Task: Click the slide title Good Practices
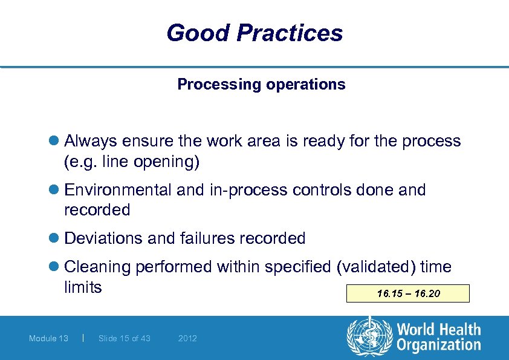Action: (x=254, y=33)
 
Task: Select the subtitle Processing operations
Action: (x=261, y=84)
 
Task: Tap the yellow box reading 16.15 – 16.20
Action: (x=408, y=294)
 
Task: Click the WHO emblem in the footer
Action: (x=369, y=338)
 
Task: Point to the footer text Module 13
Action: (x=48, y=338)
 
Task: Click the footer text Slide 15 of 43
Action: (x=124, y=338)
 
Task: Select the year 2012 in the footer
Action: (x=187, y=338)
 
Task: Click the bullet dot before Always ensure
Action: (x=56, y=142)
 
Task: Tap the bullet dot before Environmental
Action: (x=56, y=190)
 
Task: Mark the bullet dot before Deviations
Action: (x=56, y=238)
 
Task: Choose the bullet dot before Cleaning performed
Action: (x=56, y=267)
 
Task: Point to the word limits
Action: (x=83, y=287)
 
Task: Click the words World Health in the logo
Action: (x=439, y=330)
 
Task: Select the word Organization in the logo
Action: (x=439, y=345)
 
